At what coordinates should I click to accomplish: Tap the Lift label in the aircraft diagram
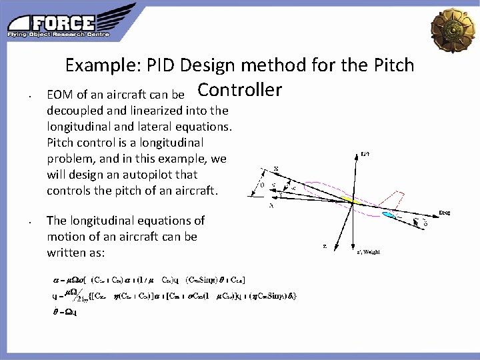365,155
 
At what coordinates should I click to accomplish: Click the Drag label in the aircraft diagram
444,213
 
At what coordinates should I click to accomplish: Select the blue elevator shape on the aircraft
390,215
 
